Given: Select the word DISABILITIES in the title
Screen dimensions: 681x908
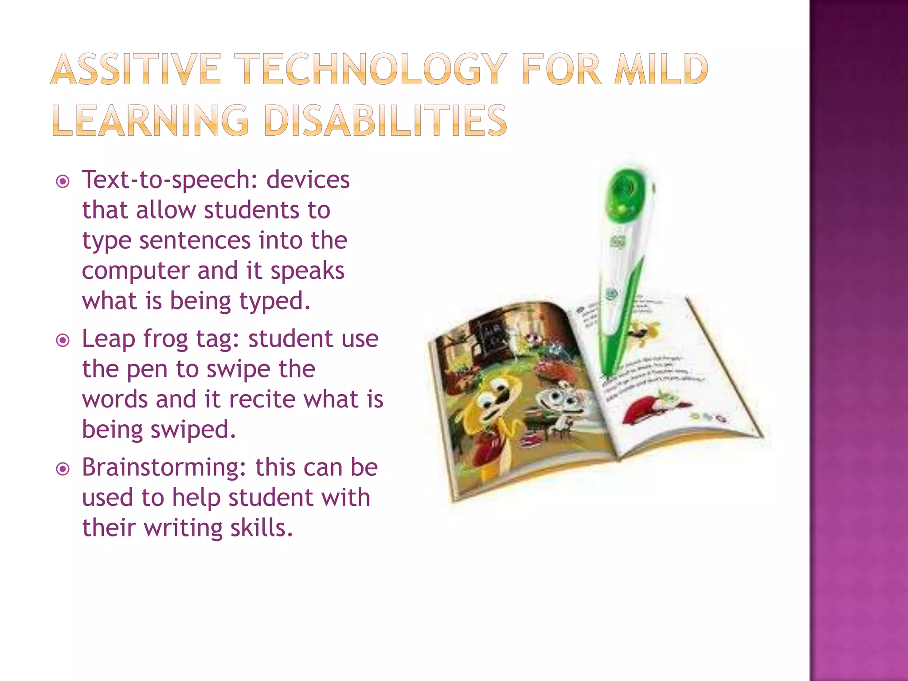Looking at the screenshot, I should coord(385,121).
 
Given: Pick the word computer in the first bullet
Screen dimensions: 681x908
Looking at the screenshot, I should coord(135,271).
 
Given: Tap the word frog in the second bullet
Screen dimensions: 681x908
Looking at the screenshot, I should coord(166,340).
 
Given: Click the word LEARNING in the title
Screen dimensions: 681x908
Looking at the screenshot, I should coord(151,121).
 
